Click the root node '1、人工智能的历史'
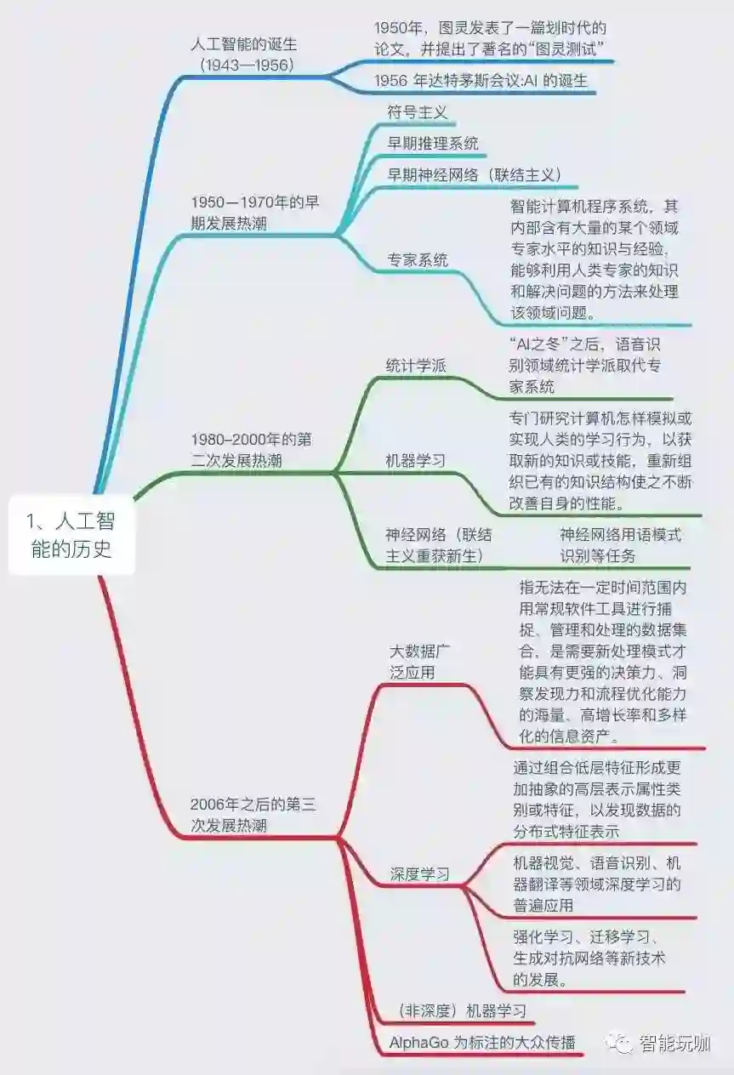click(71, 534)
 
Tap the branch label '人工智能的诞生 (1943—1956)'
click(243, 53)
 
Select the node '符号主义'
click(417, 111)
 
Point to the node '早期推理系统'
click(433, 143)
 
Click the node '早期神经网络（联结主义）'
click(475, 174)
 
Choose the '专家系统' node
click(418, 259)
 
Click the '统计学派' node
click(416, 366)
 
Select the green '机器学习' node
click(416, 461)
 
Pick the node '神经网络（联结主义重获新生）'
click(438, 545)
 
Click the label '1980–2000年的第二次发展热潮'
click(251, 450)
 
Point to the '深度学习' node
click(420, 873)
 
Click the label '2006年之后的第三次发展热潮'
click(253, 814)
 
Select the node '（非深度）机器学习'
click(462, 1010)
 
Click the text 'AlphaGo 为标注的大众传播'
click(482, 1042)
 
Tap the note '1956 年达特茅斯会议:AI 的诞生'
click(481, 81)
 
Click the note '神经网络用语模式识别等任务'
click(620, 545)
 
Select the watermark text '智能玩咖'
click(674, 1043)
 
